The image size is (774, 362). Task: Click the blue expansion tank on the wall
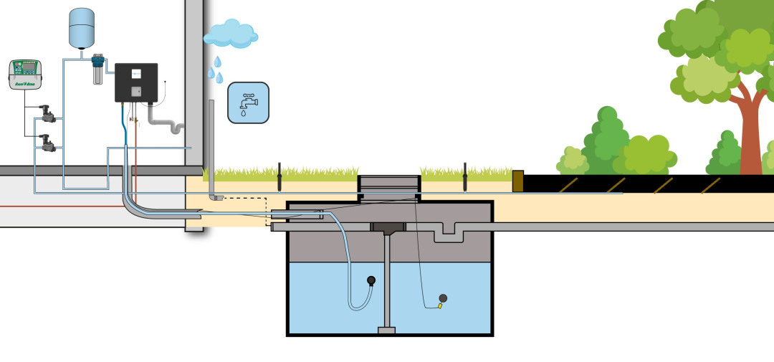point(82,27)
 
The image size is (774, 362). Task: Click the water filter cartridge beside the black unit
point(97,70)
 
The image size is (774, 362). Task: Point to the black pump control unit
point(136,82)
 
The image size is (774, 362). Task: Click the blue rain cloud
point(230,33)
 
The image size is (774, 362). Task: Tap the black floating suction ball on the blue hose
point(371,281)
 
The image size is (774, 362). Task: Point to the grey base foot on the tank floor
point(387,330)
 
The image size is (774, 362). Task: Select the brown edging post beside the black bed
point(518,180)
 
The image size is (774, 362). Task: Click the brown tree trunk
point(750,136)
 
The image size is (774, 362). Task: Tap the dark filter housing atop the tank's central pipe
point(388,229)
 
